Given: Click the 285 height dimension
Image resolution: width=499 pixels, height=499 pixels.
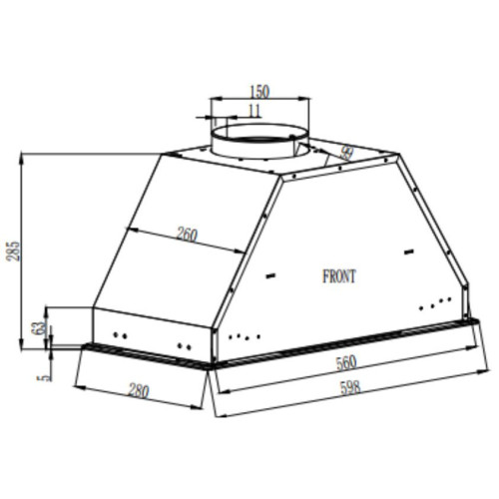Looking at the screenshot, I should [12, 249].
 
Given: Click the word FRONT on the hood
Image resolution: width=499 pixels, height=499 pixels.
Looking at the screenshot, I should [338, 276].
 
